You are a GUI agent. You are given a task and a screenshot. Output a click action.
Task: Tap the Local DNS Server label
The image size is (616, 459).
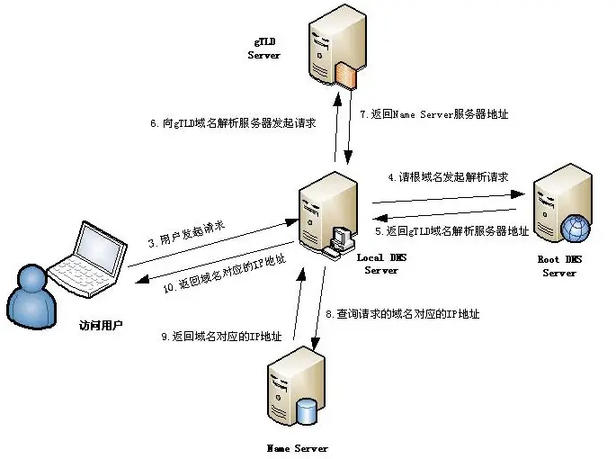click(381, 265)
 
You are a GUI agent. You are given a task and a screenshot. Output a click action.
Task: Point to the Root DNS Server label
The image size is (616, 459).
click(558, 266)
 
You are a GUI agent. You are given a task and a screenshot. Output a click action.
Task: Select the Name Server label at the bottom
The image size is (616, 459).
click(298, 447)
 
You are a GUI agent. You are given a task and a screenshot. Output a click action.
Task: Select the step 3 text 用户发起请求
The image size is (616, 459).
click(187, 237)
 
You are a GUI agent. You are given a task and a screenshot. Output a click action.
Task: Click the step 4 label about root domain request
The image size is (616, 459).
click(441, 177)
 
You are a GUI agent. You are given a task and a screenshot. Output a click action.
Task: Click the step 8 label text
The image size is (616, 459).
click(401, 314)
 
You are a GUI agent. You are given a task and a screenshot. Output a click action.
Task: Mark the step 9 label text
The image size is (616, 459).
click(221, 336)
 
